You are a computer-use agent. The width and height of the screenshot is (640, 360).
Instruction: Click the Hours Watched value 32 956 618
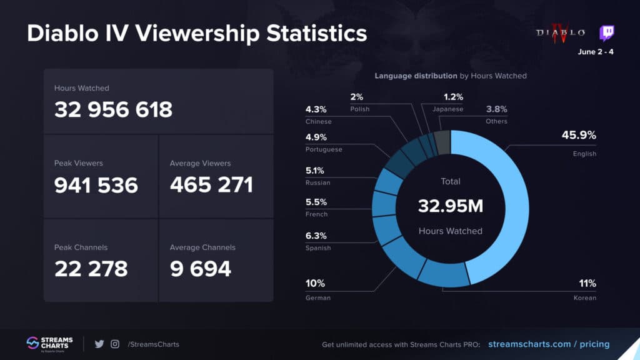click(113, 110)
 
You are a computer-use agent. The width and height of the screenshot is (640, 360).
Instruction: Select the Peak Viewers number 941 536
click(96, 185)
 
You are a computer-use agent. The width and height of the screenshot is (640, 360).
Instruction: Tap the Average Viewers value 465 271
click(211, 185)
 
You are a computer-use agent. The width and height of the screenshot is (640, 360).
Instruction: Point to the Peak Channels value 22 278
click(91, 269)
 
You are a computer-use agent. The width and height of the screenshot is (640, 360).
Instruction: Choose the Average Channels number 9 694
click(201, 269)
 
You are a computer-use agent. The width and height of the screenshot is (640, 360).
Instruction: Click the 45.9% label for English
click(582, 136)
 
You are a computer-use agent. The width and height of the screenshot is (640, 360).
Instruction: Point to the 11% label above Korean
click(587, 284)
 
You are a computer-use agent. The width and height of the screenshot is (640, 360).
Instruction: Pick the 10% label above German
click(314, 284)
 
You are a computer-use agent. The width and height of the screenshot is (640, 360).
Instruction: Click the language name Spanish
click(318, 248)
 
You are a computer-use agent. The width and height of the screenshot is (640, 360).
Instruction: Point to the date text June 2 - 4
click(596, 52)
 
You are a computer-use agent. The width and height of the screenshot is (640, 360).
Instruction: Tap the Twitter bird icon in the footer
click(99, 344)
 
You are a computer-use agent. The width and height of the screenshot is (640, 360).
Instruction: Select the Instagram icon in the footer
click(115, 344)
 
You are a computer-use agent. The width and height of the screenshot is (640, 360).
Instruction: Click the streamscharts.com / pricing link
click(548, 344)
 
